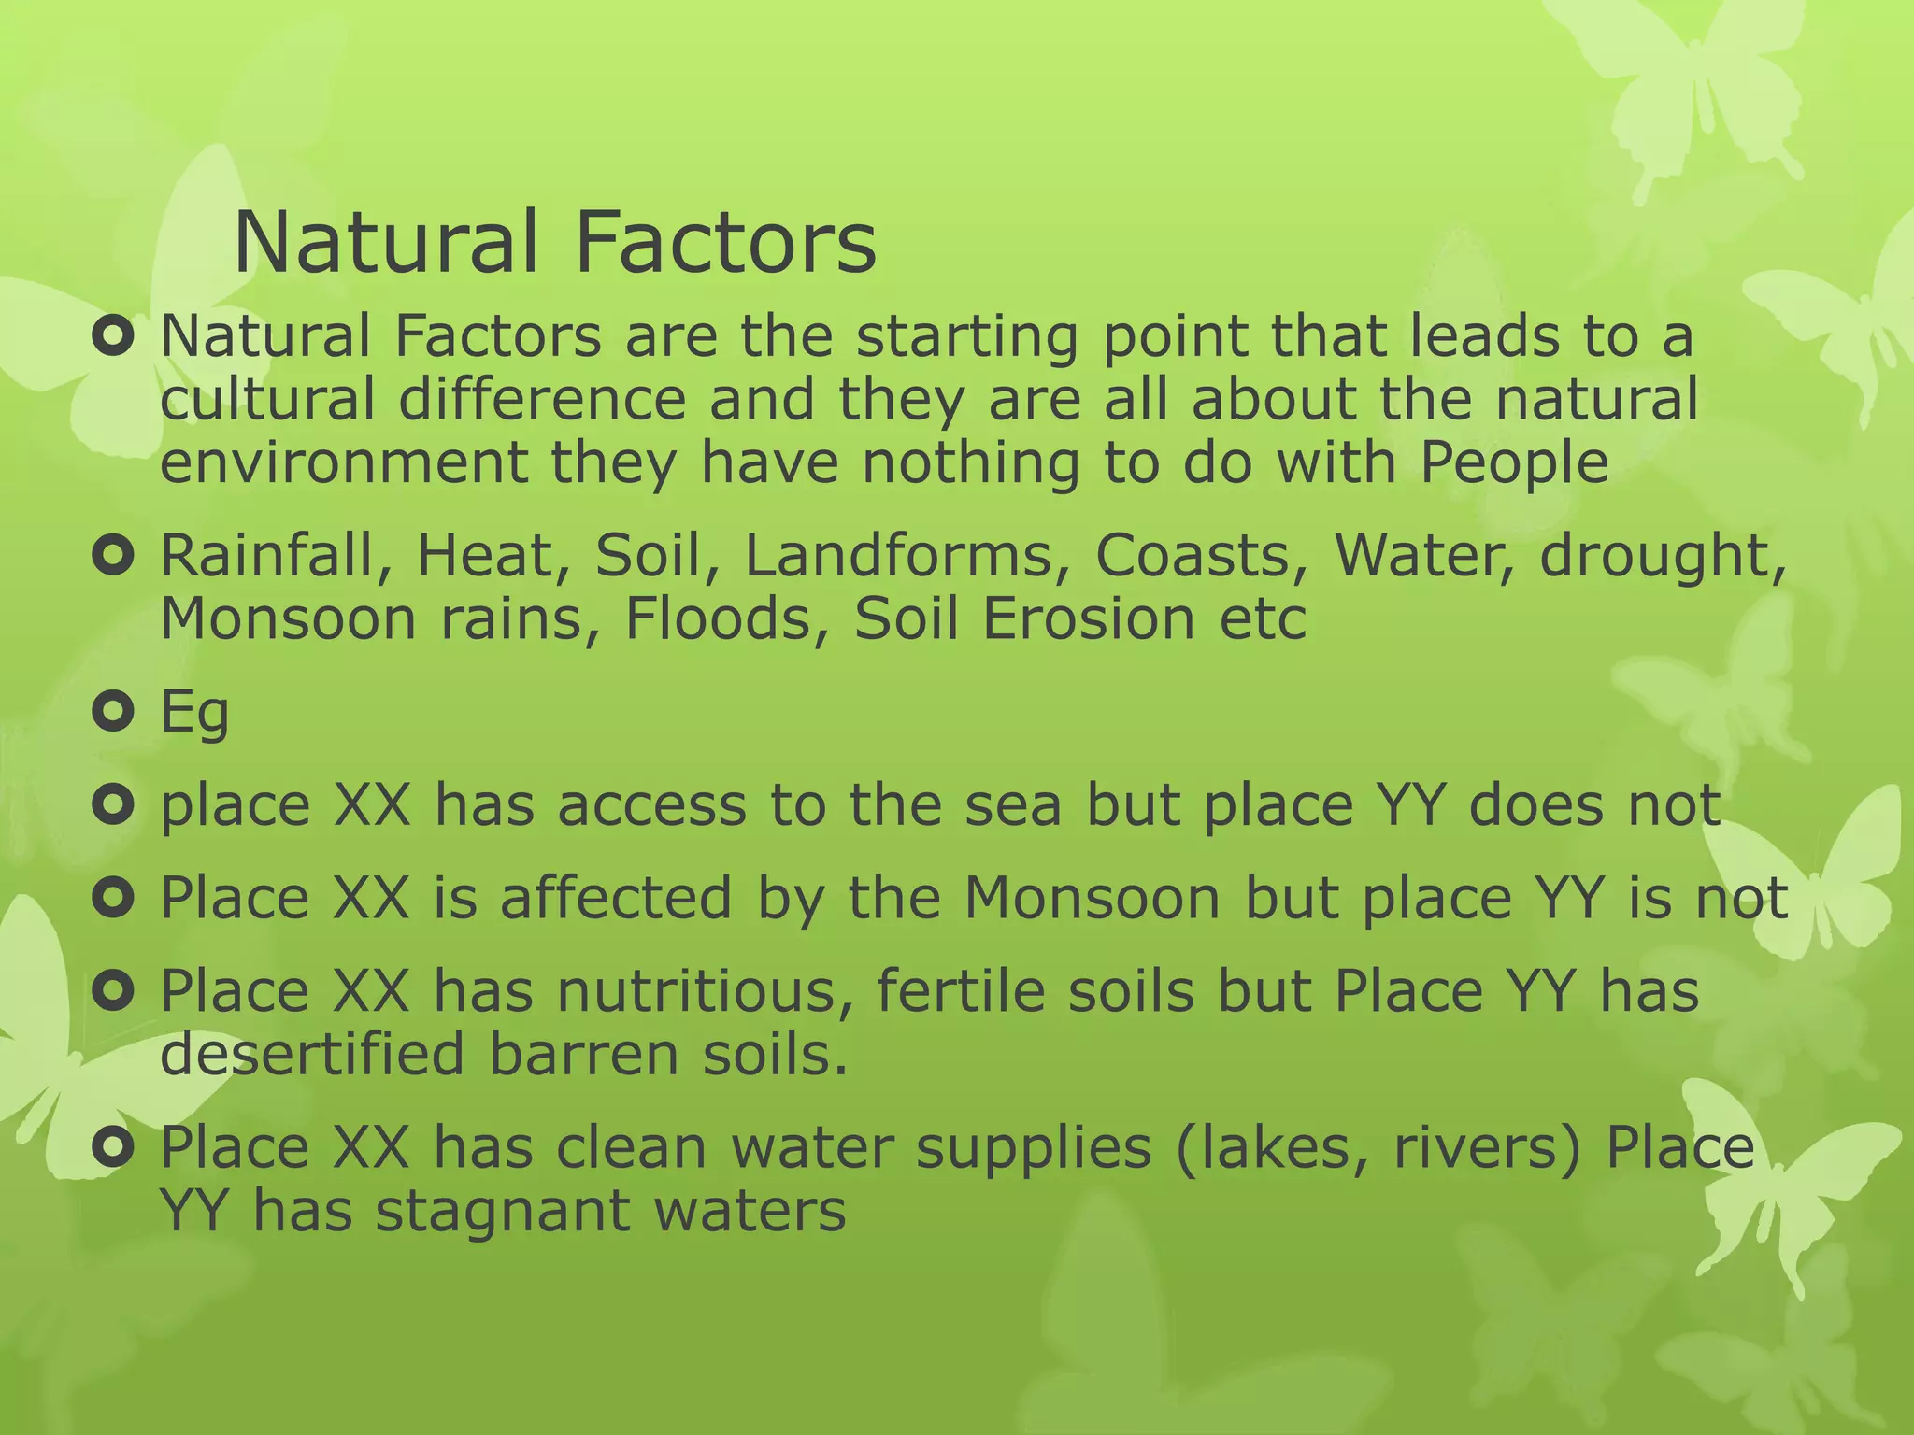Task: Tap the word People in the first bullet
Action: tap(1514, 462)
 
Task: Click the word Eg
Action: tap(194, 714)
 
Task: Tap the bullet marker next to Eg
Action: tap(114, 713)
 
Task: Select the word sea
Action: tap(1013, 804)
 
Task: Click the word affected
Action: tap(616, 898)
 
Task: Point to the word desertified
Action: tap(312, 1054)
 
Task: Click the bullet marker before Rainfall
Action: tap(114, 557)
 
